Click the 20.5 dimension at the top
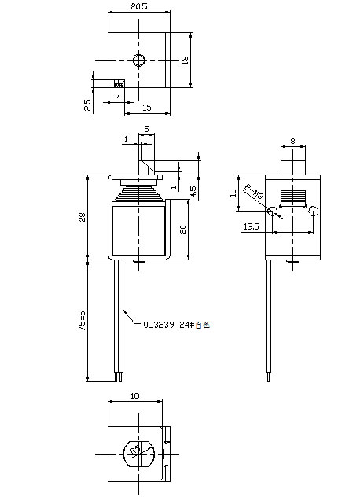tap(138, 7)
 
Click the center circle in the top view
tap(139, 61)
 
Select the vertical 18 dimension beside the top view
tap(186, 61)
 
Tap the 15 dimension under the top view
tap(147, 107)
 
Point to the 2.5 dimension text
tap(86, 103)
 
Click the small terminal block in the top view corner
tap(119, 83)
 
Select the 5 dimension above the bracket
tap(146, 129)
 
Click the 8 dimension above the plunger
tap(292, 142)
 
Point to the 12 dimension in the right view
tap(233, 193)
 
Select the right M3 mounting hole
tap(313, 211)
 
